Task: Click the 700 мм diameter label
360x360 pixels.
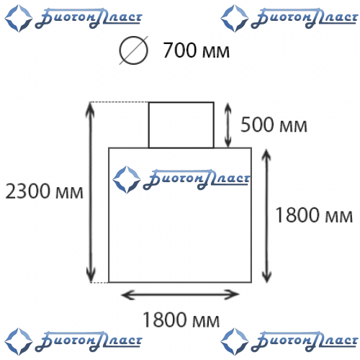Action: pos(196,50)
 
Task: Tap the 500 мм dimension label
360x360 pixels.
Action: pos(274,125)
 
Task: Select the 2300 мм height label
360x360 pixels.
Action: pos(44,191)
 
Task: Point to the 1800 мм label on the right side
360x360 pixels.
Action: pos(314,215)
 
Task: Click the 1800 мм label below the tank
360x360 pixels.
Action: pos(181,320)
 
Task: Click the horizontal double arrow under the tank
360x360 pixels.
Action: pos(180,294)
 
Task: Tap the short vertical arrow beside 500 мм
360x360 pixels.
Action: pos(228,125)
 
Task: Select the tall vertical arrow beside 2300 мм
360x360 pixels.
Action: pos(91,192)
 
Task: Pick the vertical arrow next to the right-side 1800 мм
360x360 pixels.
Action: pos(266,215)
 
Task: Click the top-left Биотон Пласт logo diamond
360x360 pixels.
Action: pos(19,18)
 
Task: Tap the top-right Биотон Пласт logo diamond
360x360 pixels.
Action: pos(235,18)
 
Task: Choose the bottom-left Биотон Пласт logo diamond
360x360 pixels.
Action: pos(19,341)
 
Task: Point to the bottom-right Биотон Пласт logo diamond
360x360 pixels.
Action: pos(235,341)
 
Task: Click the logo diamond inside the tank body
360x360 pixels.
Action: pos(127,180)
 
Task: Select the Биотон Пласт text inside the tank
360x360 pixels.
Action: pos(197,179)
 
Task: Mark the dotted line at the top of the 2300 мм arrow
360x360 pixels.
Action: pos(120,102)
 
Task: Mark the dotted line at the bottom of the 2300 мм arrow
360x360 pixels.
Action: pos(99,282)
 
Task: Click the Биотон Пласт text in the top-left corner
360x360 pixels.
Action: pos(89,18)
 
